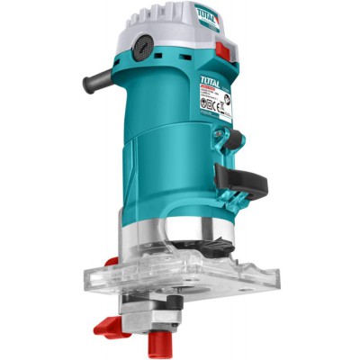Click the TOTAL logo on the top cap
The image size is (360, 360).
coord(207,13)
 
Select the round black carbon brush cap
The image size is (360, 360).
coord(140,45)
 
